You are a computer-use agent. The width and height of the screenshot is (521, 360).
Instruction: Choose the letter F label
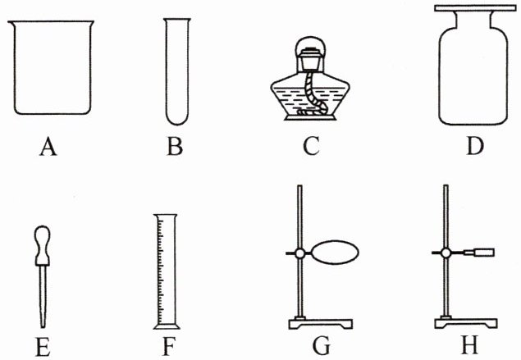[168, 347]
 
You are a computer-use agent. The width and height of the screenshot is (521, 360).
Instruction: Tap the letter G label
[321, 347]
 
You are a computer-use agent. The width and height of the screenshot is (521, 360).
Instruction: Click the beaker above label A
[52, 70]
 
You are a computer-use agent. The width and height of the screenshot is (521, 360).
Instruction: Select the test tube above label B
[176, 70]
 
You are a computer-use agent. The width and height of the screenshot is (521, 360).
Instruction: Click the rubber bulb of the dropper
[42, 244]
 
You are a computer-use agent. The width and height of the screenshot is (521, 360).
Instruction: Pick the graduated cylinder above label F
[166, 271]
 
